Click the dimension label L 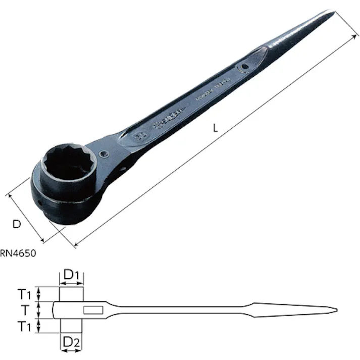coord(215,129)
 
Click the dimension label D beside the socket coord(17,224)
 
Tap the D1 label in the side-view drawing coord(70,275)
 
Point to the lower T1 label coord(25,327)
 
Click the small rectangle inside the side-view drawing coord(93,310)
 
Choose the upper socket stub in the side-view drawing coord(71,294)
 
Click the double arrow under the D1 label coord(71,284)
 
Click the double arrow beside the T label coord(40,310)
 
